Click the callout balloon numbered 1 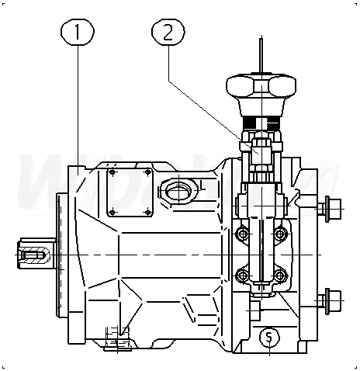(x=78, y=32)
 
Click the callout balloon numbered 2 (x=168, y=32)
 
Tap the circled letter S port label (x=269, y=338)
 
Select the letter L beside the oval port (x=203, y=185)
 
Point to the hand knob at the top (x=261, y=95)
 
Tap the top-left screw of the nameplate (x=112, y=172)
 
